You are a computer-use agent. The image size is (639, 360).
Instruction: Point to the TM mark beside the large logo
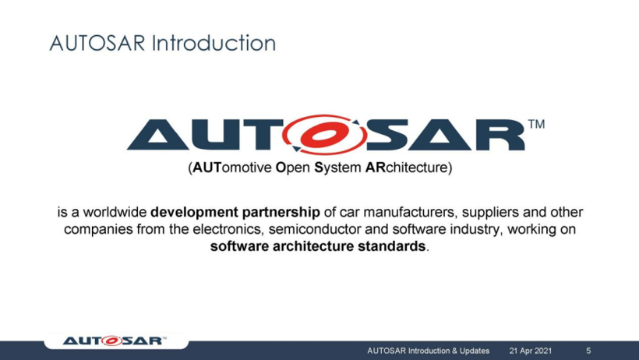pos(536,124)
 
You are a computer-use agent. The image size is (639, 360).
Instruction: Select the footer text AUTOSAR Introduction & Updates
pos(428,351)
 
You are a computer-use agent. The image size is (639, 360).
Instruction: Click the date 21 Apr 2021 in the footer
pos(531,351)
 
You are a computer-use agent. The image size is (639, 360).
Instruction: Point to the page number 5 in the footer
pos(588,351)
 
